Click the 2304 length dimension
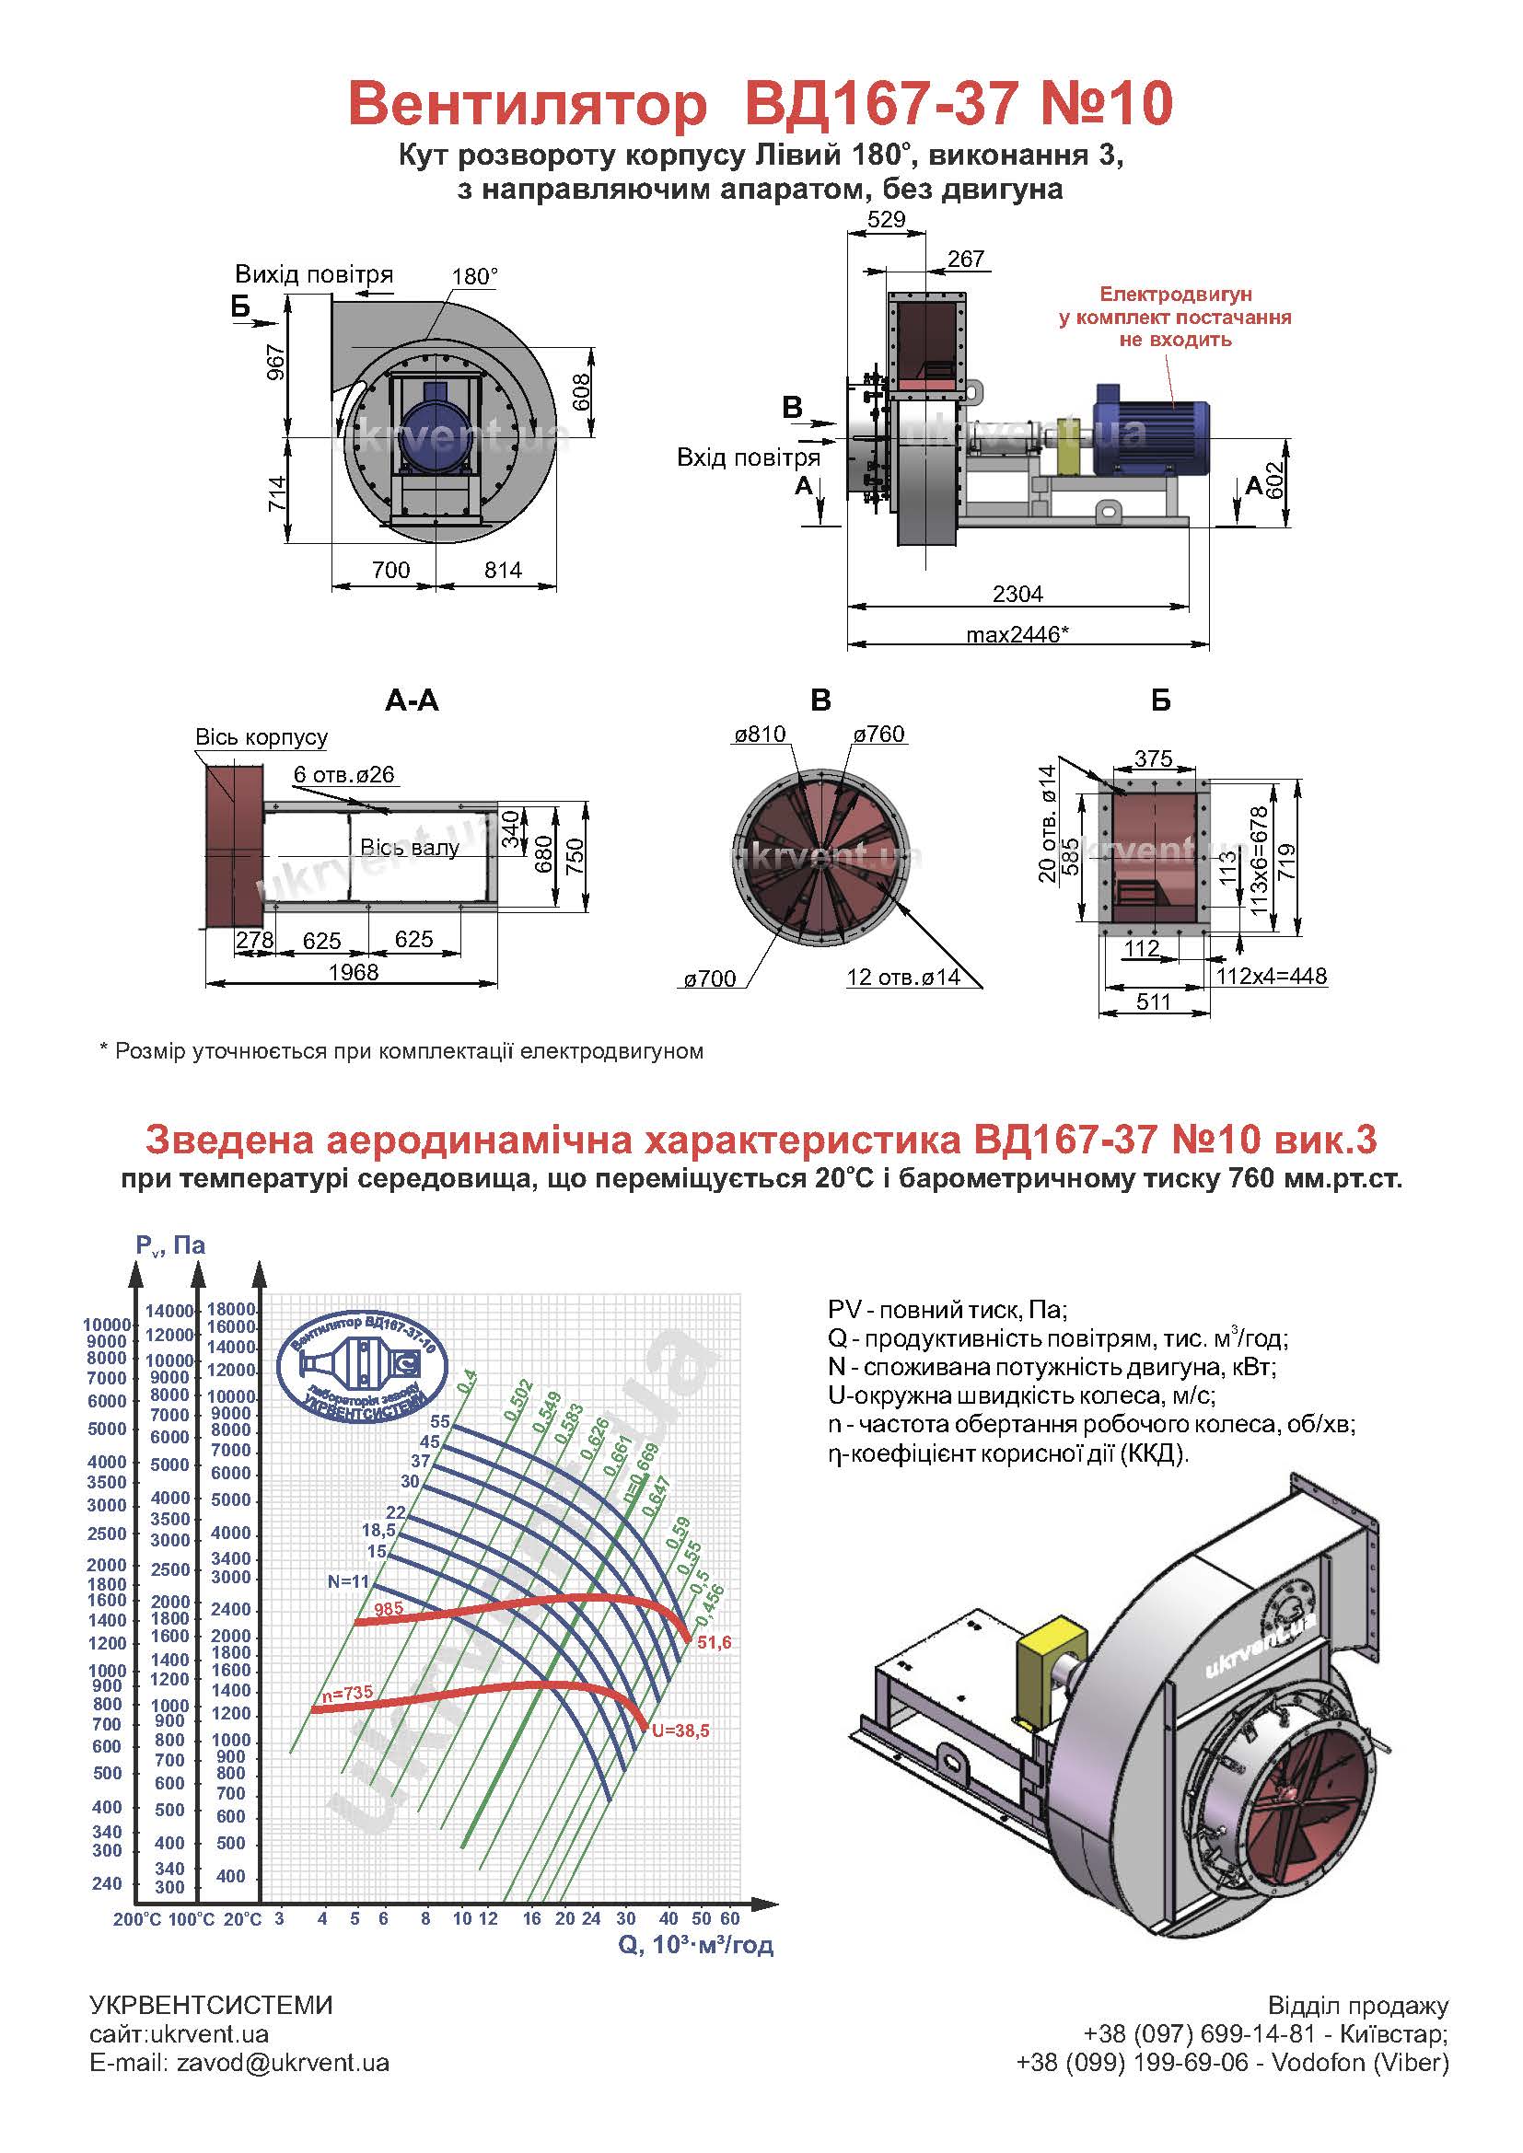tap(1017, 594)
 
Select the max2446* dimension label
tap(1017, 635)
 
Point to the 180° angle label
tap(474, 277)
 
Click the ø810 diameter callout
tap(760, 735)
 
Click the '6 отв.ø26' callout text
tap(343, 774)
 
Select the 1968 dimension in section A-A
tap(354, 971)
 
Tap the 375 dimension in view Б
tap(1154, 758)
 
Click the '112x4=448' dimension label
tap(1272, 976)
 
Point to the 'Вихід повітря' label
tap(314, 274)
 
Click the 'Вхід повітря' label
tap(749, 457)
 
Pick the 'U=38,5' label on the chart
tap(680, 1731)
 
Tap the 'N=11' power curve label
tap(349, 1581)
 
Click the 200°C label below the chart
tap(137, 1919)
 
